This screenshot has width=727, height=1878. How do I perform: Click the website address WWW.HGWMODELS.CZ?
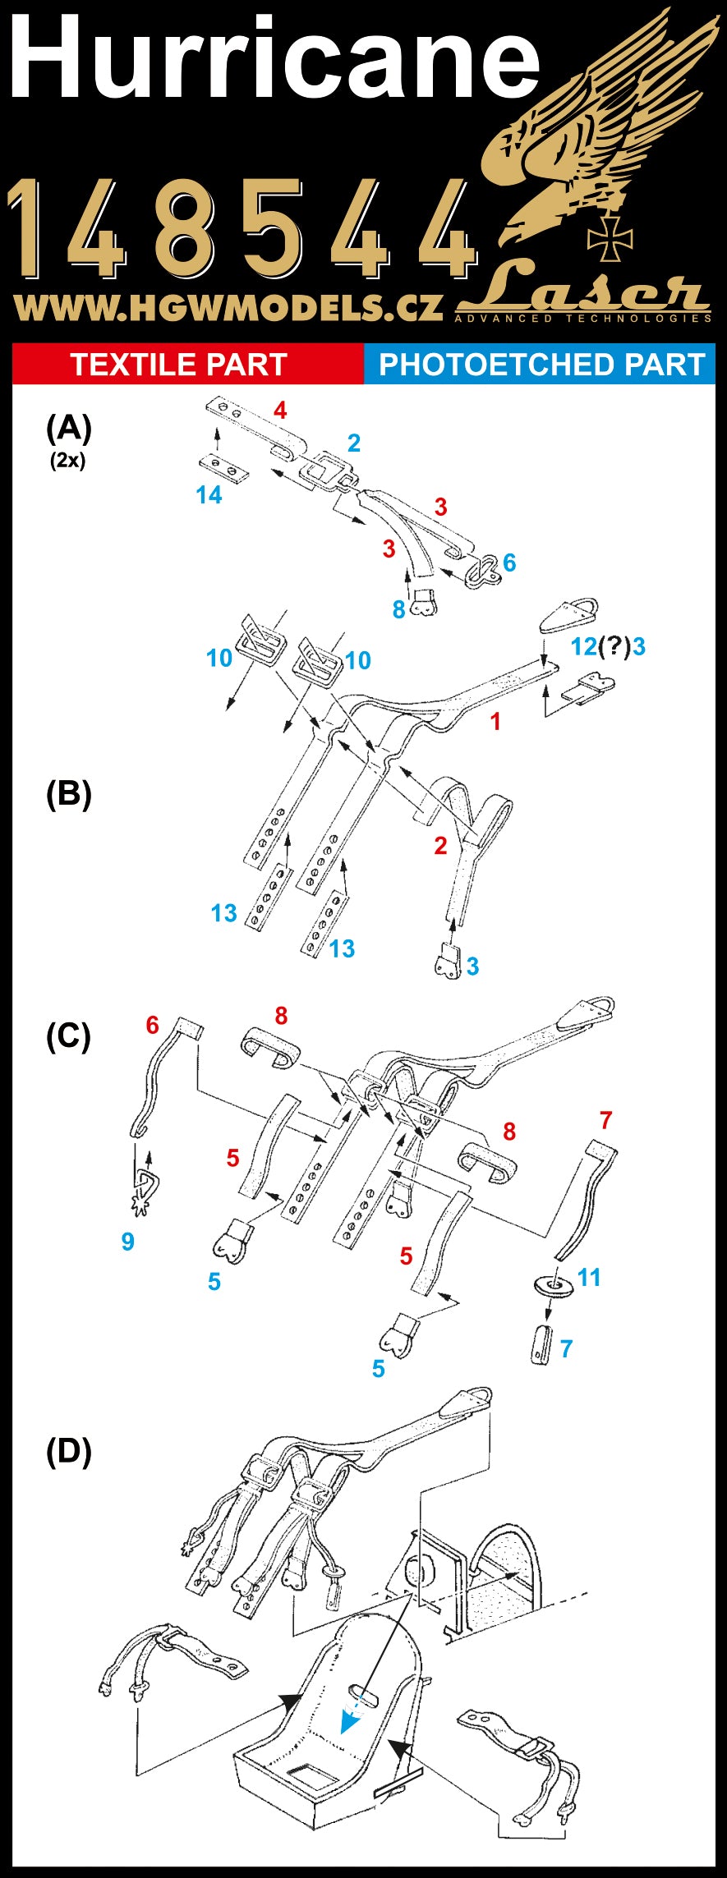(228, 308)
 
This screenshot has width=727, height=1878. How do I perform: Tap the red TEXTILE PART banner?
(178, 365)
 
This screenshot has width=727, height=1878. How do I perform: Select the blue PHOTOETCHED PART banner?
(541, 365)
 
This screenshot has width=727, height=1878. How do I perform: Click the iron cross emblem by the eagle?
(610, 238)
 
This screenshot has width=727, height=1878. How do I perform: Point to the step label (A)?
(68, 428)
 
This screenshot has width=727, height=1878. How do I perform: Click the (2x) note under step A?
(67, 461)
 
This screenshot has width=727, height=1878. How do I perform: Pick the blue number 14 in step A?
(209, 495)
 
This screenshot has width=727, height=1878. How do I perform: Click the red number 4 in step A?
(280, 411)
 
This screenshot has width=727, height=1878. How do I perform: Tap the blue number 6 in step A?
(509, 562)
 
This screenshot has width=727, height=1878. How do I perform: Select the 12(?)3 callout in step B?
(608, 647)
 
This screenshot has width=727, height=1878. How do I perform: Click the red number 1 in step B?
(495, 722)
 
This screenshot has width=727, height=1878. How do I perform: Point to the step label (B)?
(68, 794)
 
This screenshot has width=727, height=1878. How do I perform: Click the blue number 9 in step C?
(127, 1242)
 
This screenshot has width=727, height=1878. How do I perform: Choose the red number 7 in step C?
(606, 1120)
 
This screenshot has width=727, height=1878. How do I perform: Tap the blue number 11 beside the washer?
(589, 1278)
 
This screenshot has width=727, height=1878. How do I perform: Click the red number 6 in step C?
(152, 1025)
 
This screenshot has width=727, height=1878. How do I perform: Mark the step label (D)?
(68, 1453)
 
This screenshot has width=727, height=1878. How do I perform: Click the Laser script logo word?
(583, 289)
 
